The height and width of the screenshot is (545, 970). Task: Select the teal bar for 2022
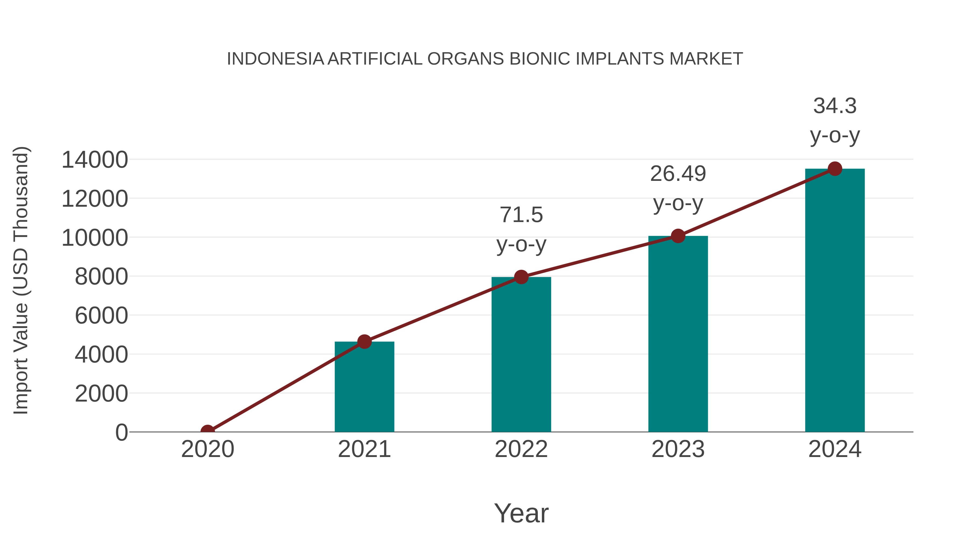pos(521,356)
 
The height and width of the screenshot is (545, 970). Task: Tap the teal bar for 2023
pos(678,335)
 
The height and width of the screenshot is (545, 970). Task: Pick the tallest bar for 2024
pos(835,301)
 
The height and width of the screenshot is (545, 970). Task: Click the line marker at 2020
pos(207,431)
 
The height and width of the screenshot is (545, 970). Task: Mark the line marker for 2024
pos(835,169)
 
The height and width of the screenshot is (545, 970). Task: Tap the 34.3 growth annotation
pos(835,120)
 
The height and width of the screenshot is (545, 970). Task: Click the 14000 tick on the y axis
pos(95,160)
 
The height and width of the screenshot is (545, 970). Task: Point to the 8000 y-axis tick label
pos(101,277)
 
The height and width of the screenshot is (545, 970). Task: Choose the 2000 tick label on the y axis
pos(101,394)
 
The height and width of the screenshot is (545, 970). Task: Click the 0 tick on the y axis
pos(122,433)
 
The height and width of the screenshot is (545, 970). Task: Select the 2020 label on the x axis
pos(207,449)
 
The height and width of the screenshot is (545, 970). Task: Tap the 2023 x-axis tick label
pos(678,449)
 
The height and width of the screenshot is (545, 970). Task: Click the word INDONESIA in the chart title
pos(275,59)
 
